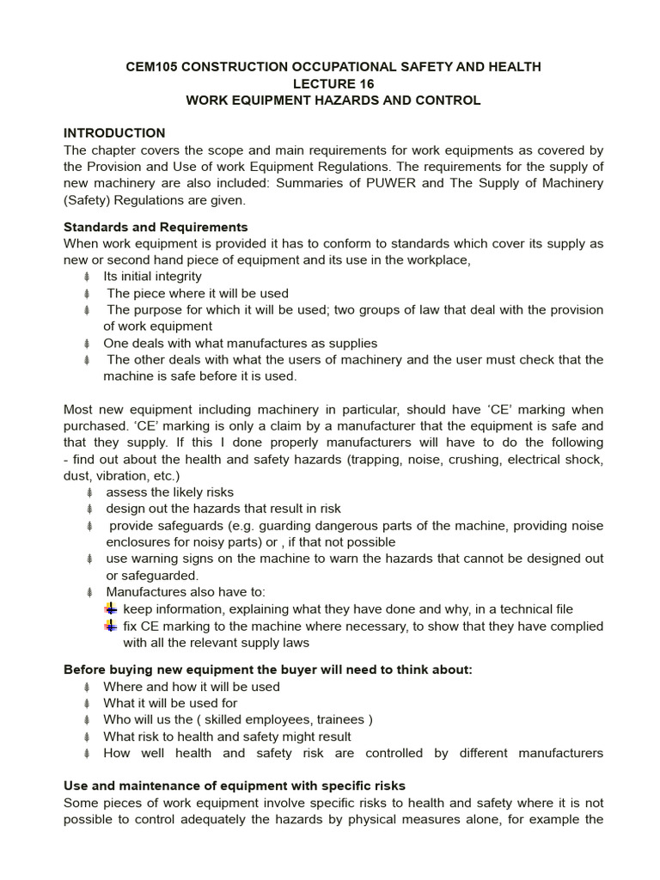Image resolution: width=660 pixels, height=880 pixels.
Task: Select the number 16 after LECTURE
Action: click(x=366, y=83)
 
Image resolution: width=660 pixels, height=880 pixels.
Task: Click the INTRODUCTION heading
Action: click(x=114, y=133)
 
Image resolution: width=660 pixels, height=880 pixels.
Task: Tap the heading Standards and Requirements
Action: click(x=156, y=228)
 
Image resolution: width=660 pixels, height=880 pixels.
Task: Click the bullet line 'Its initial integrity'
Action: click(x=152, y=277)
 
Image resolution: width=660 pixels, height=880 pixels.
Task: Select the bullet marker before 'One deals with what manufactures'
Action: click(x=87, y=343)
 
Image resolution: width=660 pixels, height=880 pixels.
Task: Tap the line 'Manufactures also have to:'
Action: click(x=186, y=592)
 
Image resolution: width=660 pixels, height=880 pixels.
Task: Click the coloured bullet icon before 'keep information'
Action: click(x=110, y=609)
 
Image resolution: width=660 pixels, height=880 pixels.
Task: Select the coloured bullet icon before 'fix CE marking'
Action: click(x=110, y=626)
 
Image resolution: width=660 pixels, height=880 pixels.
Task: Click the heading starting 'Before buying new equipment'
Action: click(x=268, y=670)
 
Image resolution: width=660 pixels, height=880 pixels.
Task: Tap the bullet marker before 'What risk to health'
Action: click(x=87, y=736)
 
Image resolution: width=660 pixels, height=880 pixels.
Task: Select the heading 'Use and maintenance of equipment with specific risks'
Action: click(x=235, y=785)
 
